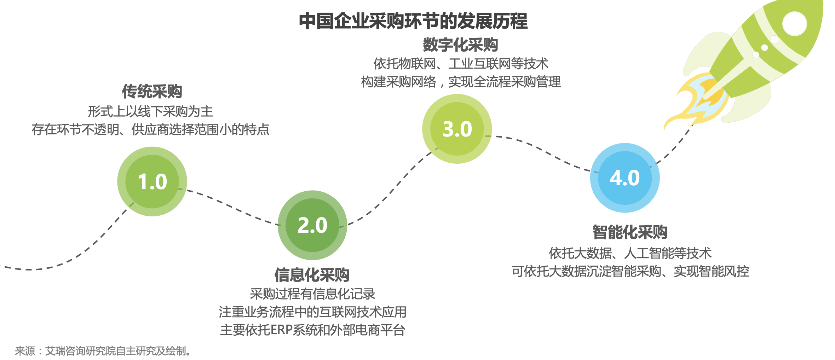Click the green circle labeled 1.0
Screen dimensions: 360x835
(152, 181)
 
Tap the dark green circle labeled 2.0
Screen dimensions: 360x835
(312, 225)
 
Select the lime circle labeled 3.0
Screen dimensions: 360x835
(457, 129)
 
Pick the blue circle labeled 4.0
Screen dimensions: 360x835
(625, 178)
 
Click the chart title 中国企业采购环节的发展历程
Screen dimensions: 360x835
(413, 21)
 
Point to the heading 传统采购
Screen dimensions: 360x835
(152, 92)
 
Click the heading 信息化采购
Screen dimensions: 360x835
(312, 275)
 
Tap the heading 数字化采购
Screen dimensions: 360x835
(461, 45)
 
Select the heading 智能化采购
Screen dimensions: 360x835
(630, 232)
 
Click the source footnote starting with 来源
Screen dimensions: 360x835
(103, 351)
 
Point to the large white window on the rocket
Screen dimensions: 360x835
(794, 24)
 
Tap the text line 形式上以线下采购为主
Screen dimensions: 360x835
(151, 112)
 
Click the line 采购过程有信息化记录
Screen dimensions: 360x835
(312, 294)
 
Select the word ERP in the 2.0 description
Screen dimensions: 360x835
(281, 330)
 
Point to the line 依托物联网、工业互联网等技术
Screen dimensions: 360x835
(461, 64)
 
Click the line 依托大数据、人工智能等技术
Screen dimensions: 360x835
(630, 253)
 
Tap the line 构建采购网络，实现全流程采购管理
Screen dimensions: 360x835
(461, 82)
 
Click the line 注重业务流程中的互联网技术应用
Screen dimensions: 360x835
(312, 312)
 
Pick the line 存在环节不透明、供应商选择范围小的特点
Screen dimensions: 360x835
(151, 130)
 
